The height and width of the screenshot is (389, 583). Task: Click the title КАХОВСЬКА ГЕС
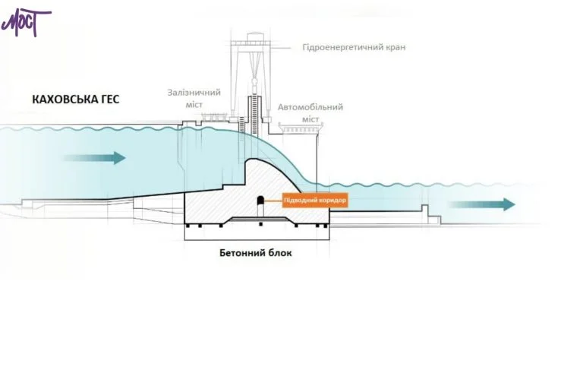pos(76,100)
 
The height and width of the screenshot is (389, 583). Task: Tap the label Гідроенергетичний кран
pos(353,47)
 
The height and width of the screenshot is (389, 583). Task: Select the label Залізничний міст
pos(194,98)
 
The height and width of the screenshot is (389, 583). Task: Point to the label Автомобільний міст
pos(310,113)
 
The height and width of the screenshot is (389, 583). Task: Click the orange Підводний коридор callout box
pos(315,201)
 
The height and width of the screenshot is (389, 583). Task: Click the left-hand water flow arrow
pos(94,158)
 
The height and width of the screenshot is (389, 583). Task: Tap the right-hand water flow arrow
pos(481,204)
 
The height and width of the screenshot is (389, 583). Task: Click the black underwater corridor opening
pos(259,202)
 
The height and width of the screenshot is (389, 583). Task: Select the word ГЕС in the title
pos(109,100)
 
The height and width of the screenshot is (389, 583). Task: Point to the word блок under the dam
pos(278,253)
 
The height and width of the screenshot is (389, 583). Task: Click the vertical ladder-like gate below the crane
pos(245,125)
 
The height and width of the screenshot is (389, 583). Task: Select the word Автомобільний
pos(310,107)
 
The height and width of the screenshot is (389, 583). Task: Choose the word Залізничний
pos(194,93)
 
